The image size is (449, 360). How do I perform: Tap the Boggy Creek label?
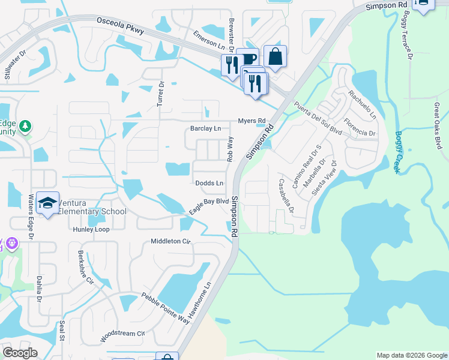tap(397, 152)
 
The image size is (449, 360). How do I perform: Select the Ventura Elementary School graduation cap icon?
tap(47, 203)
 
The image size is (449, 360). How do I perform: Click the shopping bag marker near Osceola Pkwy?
tap(275, 56)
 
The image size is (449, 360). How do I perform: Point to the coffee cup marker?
tap(248, 59)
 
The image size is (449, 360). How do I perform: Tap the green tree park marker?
tap(25, 126)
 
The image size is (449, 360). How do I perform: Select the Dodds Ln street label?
tap(209, 183)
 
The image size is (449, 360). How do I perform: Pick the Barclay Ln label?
tap(205, 128)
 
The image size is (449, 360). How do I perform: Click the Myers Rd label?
tap(252, 121)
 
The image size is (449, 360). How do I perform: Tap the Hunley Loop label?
tap(91, 229)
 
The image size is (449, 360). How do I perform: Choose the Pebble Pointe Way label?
tap(165, 308)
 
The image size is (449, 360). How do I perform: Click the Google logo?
tap(20, 353)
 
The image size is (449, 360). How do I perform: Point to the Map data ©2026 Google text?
tap(412, 355)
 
